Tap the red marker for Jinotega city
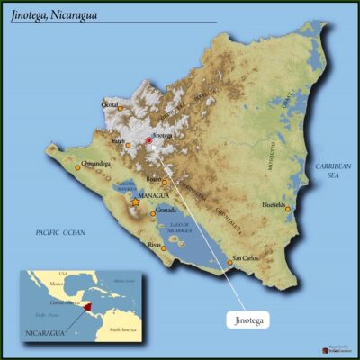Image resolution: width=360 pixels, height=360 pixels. pyautogui.click(x=149, y=140)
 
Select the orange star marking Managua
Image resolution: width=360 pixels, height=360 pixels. pyautogui.click(x=135, y=202)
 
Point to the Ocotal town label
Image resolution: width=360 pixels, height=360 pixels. pyautogui.click(x=111, y=104)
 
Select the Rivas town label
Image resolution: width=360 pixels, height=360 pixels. pyautogui.click(x=156, y=244)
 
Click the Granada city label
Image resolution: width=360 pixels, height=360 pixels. pyautogui.click(x=166, y=210)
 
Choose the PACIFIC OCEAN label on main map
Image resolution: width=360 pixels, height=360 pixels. pyautogui.click(x=59, y=232)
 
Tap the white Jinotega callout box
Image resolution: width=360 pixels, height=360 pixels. pyautogui.click(x=247, y=317)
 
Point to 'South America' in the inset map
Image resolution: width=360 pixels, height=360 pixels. pyautogui.click(x=122, y=329)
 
